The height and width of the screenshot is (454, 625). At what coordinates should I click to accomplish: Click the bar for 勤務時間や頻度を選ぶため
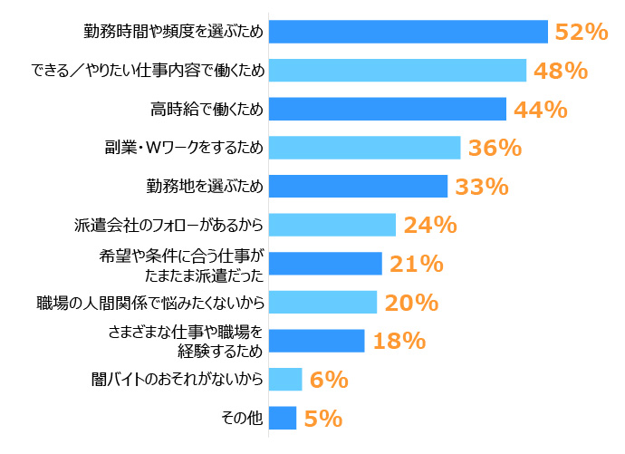tap(409, 32)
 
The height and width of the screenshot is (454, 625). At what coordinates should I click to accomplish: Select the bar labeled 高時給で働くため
tap(388, 109)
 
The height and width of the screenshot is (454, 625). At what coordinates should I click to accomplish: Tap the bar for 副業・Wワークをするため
tap(365, 148)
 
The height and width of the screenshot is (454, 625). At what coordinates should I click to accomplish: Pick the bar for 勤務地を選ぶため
tap(359, 186)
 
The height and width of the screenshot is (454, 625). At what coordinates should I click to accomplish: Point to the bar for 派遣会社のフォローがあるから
tap(332, 225)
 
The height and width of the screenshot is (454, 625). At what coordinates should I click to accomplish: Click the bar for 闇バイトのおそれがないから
tap(285, 379)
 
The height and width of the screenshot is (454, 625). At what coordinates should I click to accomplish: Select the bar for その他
tap(283, 418)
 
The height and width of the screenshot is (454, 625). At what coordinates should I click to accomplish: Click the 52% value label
tap(581, 32)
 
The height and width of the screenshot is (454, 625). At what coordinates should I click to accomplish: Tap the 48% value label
tap(559, 71)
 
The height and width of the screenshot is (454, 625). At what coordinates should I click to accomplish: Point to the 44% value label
tap(540, 110)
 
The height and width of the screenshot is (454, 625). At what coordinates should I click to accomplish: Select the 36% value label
tap(495, 148)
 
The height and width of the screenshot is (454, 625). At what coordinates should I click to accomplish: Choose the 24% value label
tap(430, 225)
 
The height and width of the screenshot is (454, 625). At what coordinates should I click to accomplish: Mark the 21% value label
tap(416, 264)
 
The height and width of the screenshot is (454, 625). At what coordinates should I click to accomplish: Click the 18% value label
tap(399, 341)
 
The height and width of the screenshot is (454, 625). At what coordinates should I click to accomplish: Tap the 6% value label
tap(328, 380)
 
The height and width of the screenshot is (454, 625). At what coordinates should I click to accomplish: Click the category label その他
tap(242, 418)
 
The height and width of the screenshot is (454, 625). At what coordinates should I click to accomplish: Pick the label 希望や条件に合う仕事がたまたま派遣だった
tap(184, 264)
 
